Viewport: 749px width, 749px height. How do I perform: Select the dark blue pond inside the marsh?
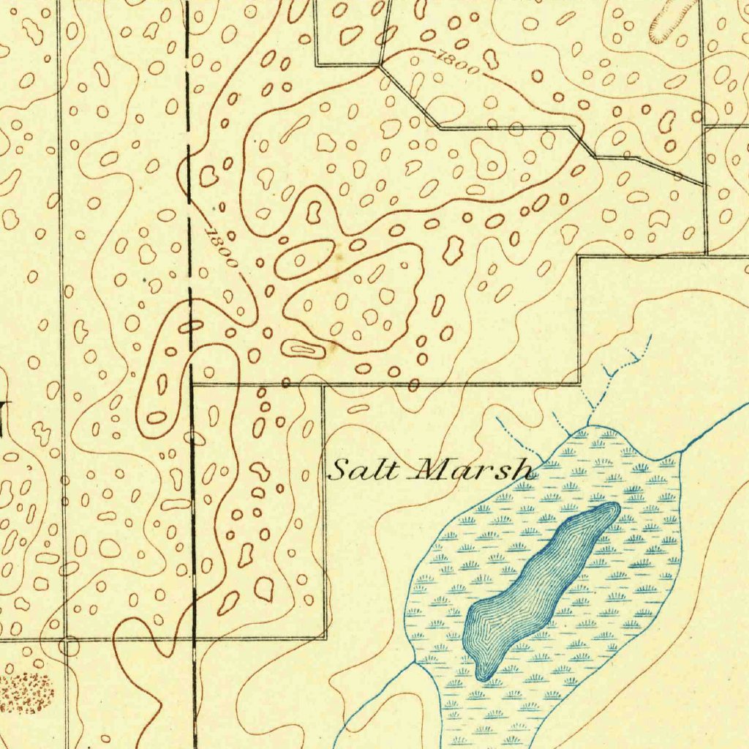click(538, 585)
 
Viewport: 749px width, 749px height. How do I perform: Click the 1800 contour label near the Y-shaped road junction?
click(459, 63)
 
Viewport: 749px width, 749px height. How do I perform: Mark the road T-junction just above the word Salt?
click(323, 383)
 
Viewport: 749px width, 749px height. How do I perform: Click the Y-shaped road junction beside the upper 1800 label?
click(380, 66)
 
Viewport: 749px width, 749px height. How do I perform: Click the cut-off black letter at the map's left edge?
click(4, 421)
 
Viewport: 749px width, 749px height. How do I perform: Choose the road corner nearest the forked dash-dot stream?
click(579, 383)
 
